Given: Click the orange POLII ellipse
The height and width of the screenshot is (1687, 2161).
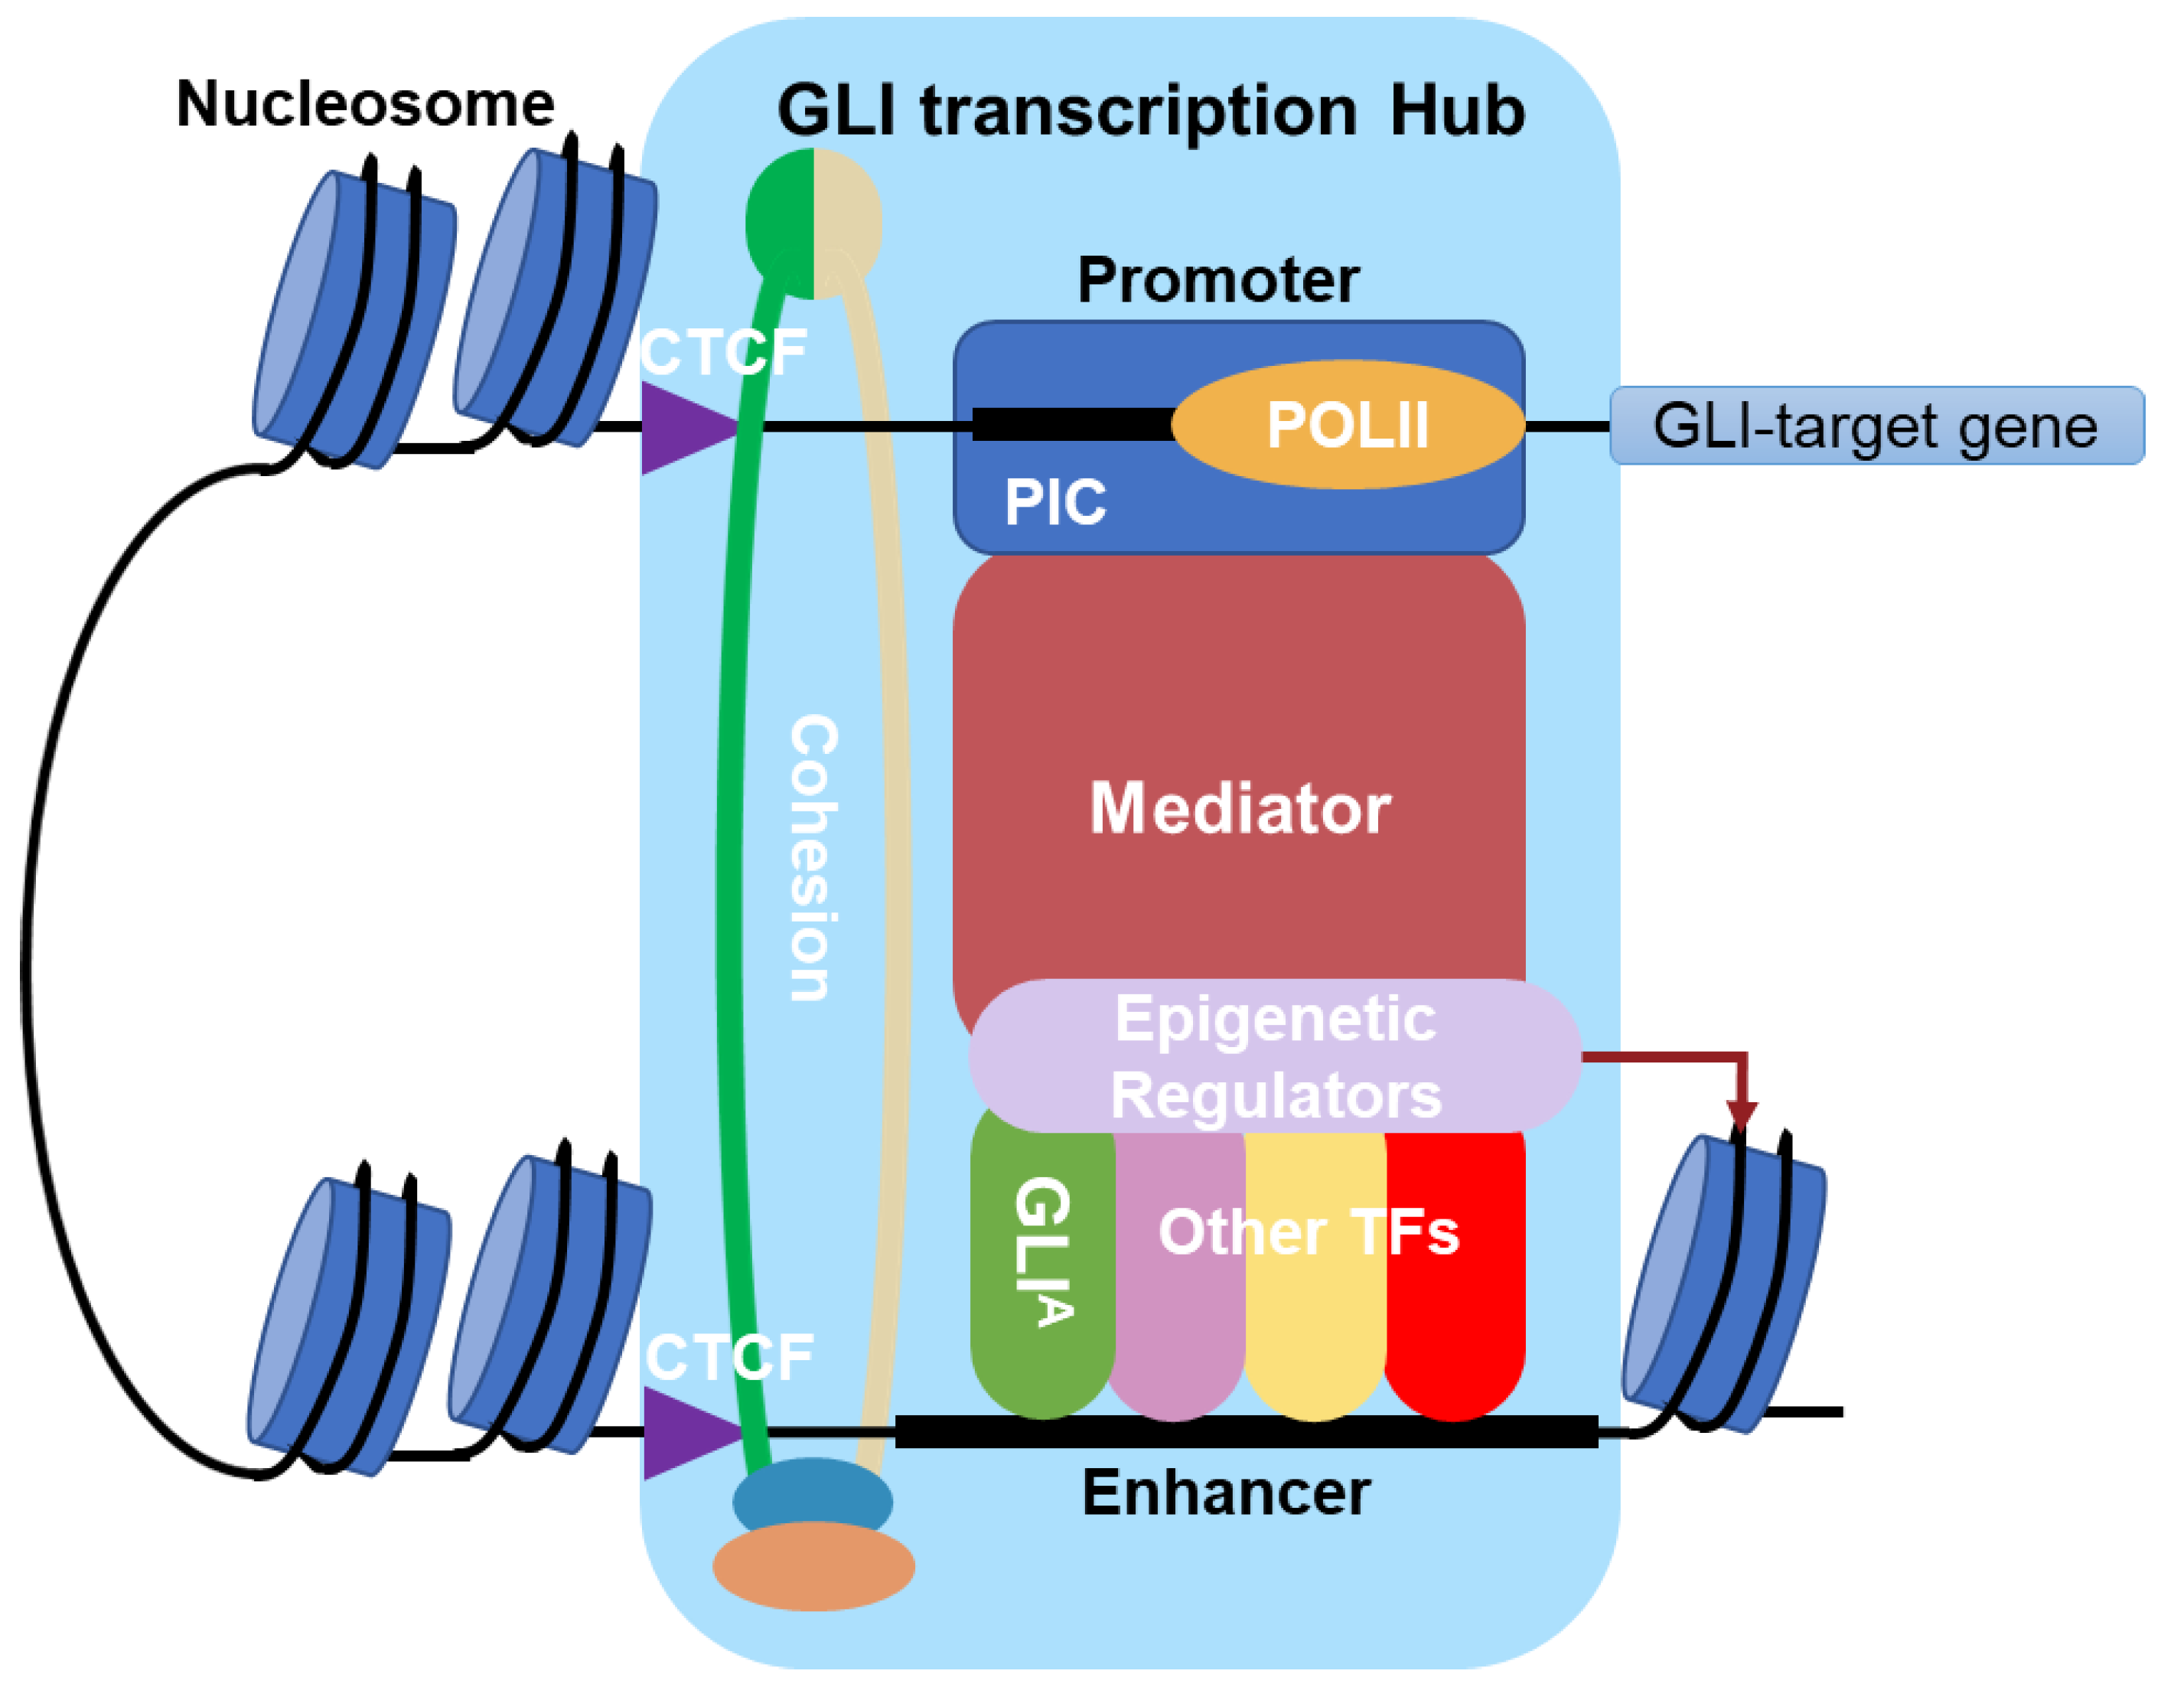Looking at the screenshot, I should (1347, 426).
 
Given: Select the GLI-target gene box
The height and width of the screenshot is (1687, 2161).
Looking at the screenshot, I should (1877, 426).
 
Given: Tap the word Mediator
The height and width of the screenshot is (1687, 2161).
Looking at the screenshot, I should (1239, 808).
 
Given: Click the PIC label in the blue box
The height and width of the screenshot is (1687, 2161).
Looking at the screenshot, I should (1054, 503).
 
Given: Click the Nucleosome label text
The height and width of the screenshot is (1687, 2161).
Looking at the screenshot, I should (365, 104).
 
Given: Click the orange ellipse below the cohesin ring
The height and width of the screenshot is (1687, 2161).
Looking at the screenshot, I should (813, 1566).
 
